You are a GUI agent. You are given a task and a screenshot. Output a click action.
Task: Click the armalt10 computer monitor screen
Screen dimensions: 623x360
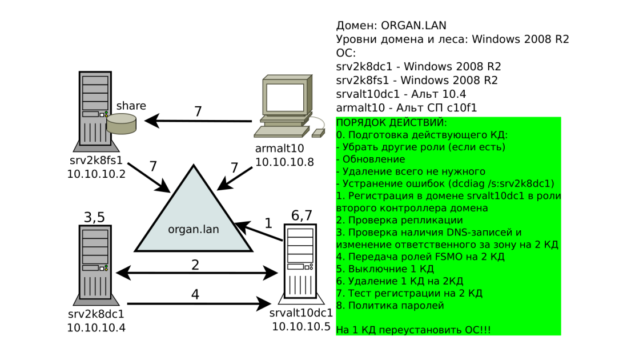pyautogui.click(x=285, y=97)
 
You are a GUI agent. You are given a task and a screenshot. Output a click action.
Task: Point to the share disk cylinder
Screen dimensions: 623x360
pyautogui.click(x=122, y=123)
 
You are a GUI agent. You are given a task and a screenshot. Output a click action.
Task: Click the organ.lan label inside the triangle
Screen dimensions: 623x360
pyautogui.click(x=194, y=230)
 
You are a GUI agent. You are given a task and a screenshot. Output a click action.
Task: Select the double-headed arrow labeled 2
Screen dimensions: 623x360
pyautogui.click(x=196, y=273)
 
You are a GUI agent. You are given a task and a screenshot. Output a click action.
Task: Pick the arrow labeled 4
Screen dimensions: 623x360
pyautogui.click(x=199, y=303)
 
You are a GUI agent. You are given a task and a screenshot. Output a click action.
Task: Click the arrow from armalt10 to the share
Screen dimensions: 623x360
pyautogui.click(x=198, y=121)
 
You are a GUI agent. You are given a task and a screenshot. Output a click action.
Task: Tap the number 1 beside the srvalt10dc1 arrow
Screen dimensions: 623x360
pyautogui.click(x=268, y=223)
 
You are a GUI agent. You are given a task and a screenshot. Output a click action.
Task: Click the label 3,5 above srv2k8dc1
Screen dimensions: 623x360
pyautogui.click(x=94, y=217)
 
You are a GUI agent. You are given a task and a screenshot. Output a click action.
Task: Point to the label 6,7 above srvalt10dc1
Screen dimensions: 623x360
pyautogui.click(x=302, y=215)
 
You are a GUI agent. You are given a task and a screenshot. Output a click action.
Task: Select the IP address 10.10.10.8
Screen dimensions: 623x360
pyautogui.click(x=284, y=162)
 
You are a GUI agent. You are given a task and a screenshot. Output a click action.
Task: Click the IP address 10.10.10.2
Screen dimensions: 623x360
pyautogui.click(x=96, y=174)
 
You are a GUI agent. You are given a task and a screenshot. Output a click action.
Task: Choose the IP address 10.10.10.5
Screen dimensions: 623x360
pyautogui.click(x=301, y=327)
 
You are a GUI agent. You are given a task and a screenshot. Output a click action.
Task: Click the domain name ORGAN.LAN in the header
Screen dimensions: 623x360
pyautogui.click(x=413, y=26)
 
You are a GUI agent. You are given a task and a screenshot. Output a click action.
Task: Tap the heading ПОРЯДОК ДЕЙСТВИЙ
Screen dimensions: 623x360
pyautogui.click(x=391, y=122)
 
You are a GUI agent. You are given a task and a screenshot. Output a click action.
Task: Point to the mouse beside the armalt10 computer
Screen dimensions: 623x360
pyautogui.click(x=318, y=133)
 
